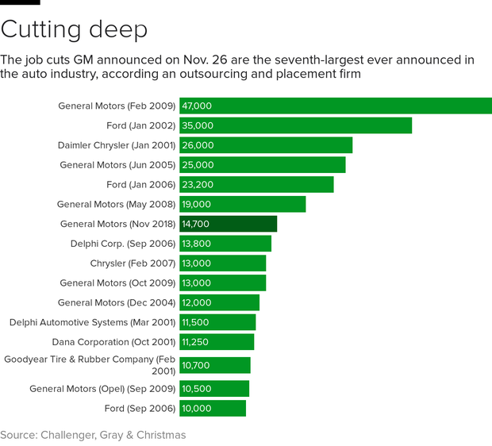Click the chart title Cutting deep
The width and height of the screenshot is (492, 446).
[x=74, y=29]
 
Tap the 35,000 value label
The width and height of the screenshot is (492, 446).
[x=198, y=125]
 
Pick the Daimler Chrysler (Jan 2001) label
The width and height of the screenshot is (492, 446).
[x=117, y=145]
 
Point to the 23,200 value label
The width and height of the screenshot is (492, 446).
[x=198, y=184]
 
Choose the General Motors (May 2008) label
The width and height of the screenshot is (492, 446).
[x=116, y=204]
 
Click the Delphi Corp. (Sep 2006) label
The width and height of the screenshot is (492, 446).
[x=123, y=244]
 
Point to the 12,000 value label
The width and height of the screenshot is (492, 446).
[x=197, y=302]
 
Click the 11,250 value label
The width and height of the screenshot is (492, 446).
[x=195, y=342]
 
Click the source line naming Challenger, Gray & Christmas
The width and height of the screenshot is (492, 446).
[x=93, y=435]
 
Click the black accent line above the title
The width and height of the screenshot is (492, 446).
[x=20, y=2]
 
